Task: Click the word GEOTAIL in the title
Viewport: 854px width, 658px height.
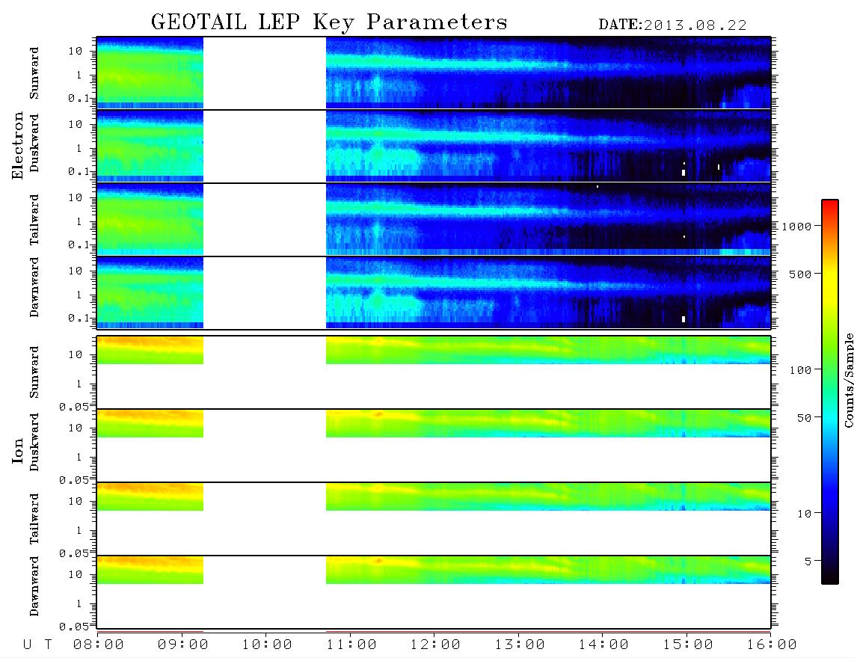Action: [199, 22]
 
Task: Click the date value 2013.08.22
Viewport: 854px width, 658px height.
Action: [695, 25]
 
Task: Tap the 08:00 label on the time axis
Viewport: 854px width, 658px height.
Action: [99, 645]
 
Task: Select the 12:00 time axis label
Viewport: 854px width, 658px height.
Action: [435, 645]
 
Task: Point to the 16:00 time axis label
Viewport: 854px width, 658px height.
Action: [772, 645]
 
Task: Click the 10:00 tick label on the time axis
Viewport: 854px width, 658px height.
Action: [267, 645]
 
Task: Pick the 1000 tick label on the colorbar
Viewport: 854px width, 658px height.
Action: [796, 227]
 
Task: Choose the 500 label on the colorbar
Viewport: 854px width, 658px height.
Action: [800, 274]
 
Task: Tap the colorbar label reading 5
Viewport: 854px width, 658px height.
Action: [808, 561]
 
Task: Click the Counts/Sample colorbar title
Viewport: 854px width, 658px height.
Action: [849, 380]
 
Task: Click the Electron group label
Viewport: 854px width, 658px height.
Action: [18, 145]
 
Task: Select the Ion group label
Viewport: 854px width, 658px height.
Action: [18, 450]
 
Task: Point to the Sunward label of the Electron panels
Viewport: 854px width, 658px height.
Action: [34, 73]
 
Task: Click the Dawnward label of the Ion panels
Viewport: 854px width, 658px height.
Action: [34, 585]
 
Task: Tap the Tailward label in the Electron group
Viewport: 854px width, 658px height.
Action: [34, 219]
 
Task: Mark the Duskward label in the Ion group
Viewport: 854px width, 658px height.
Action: [34, 442]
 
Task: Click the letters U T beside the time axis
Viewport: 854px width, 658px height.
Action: [37, 645]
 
